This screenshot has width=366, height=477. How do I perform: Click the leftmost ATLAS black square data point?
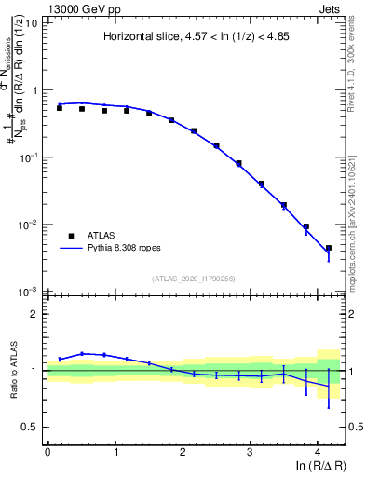pyautogui.click(x=60, y=108)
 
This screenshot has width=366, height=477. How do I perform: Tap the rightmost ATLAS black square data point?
pyautogui.click(x=329, y=248)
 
